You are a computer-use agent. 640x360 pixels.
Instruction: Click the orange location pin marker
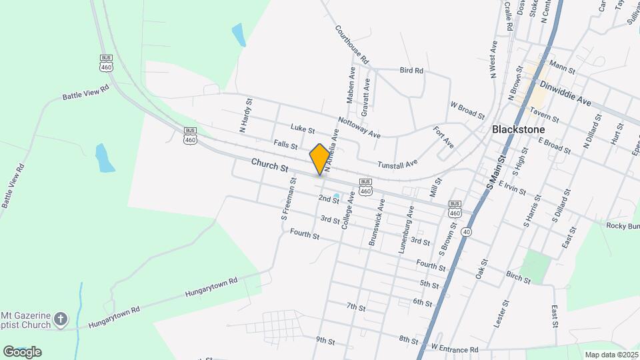(320, 159)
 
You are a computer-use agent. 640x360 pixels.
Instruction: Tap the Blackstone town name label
(518, 129)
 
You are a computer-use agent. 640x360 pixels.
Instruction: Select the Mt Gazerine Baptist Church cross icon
(60, 319)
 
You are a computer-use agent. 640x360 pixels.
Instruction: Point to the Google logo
(22, 351)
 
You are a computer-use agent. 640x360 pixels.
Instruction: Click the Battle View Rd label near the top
(85, 92)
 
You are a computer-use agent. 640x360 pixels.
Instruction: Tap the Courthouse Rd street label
(352, 45)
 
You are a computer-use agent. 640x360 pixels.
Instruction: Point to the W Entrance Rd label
(455, 349)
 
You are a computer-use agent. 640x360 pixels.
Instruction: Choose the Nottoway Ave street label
(359, 127)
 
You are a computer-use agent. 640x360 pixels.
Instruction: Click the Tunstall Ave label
(397, 163)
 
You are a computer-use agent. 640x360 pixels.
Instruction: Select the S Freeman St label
(288, 199)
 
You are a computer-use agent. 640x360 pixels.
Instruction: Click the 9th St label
(325, 340)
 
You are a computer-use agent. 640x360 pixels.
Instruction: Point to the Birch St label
(518, 277)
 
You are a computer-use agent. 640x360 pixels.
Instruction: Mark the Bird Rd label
(411, 70)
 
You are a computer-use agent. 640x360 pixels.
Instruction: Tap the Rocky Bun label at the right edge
(623, 225)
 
